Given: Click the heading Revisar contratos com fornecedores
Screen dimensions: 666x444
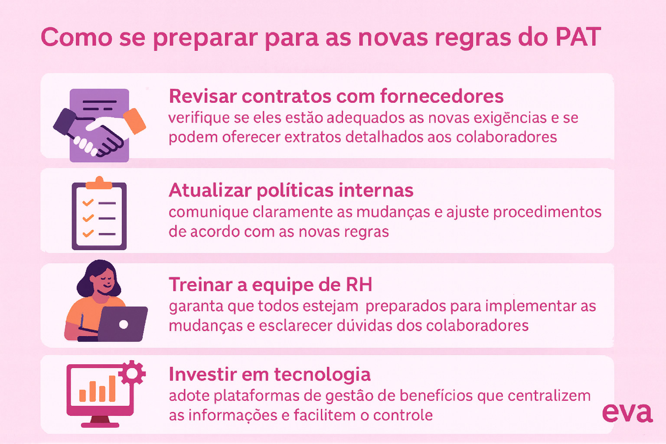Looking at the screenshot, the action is click(x=336, y=96).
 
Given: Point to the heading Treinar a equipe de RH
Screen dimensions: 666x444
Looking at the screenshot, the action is click(x=271, y=285).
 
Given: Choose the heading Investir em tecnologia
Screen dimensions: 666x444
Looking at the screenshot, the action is click(x=270, y=375).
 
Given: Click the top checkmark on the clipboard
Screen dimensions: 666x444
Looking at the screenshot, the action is click(x=88, y=202).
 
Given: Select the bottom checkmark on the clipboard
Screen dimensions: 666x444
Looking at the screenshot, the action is click(x=88, y=233).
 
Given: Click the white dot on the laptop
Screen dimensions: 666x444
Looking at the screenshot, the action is click(x=124, y=324).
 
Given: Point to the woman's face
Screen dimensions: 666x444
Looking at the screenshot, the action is click(x=104, y=281).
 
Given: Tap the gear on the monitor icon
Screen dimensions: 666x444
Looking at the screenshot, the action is click(x=132, y=373).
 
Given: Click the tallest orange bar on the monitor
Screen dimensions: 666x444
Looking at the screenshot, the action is click(x=112, y=388).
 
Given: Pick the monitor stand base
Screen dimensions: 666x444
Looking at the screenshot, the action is click(x=100, y=425).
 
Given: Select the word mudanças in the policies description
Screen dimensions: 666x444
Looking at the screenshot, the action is click(x=393, y=212).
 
